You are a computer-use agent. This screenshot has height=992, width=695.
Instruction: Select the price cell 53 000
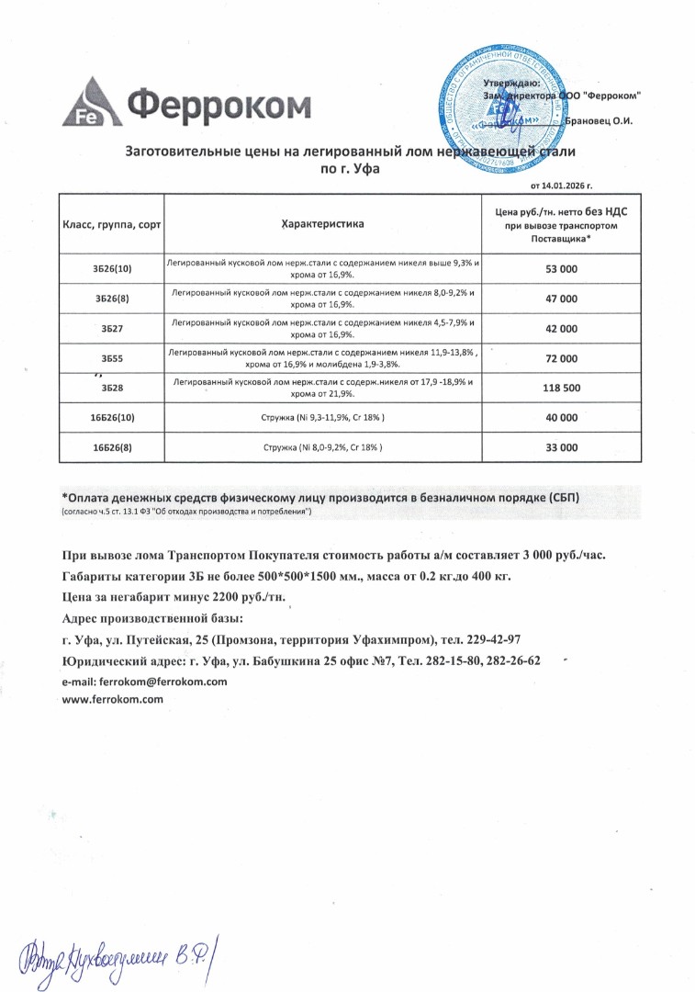click(x=561, y=269)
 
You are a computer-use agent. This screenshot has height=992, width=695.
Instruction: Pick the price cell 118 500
click(x=561, y=388)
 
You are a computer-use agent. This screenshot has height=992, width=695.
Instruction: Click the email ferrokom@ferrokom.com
click(x=144, y=682)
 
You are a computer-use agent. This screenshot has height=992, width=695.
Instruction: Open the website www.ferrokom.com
click(x=112, y=700)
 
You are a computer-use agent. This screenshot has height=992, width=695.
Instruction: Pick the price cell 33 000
click(x=561, y=447)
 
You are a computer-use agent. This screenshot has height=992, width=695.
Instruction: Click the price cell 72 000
click(x=561, y=358)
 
